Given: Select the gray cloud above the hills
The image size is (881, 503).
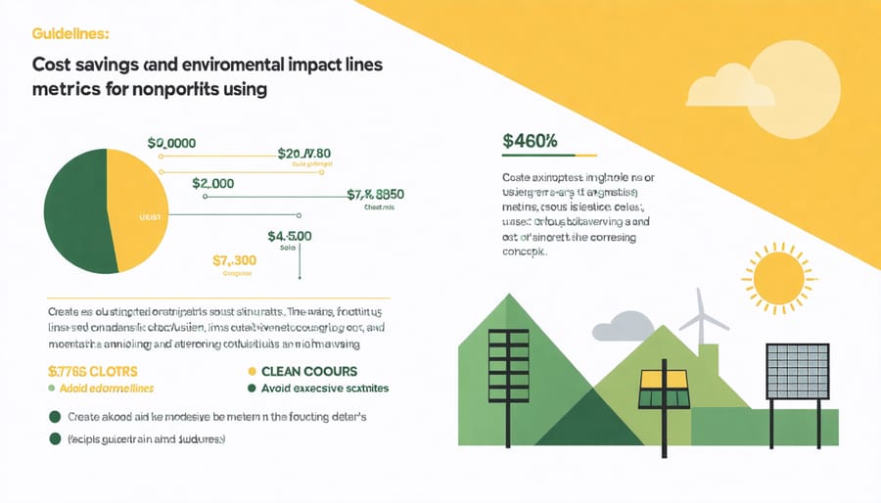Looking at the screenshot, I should pos(626,325).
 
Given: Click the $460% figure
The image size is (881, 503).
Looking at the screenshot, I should pos(530,140).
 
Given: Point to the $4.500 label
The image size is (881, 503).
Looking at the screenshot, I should pos(290,236).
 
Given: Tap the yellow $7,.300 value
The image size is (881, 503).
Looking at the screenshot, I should pos(234,260).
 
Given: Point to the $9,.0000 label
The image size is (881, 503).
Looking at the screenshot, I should pos(171,143).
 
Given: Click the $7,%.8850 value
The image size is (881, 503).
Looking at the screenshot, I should pos(376,194).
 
